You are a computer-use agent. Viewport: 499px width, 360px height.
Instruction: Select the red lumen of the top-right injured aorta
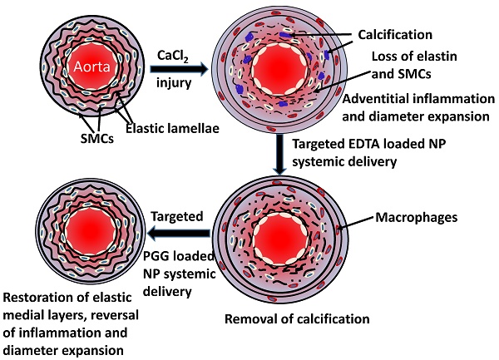(x=282, y=70)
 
